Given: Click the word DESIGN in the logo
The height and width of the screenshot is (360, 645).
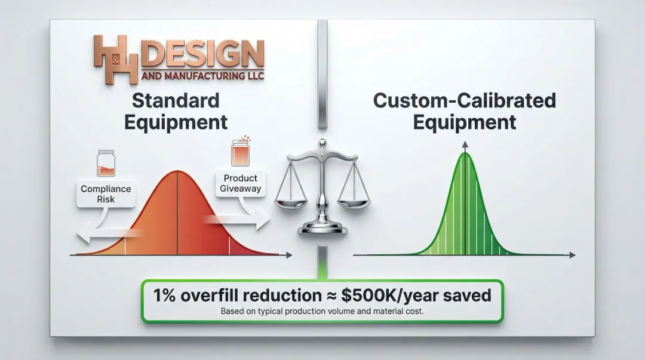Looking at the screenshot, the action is [x=204, y=54].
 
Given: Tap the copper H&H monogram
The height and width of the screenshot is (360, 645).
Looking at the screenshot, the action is [x=116, y=59].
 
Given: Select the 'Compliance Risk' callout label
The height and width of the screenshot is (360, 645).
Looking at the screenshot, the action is [x=106, y=194].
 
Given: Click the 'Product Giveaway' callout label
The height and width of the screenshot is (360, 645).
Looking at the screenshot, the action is [x=240, y=183].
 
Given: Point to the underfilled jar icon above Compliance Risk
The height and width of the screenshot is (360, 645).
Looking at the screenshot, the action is [x=106, y=164].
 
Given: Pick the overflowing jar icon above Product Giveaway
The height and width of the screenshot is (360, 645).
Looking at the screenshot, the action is [x=241, y=152].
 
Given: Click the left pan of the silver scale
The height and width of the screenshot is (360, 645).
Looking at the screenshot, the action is [x=291, y=203].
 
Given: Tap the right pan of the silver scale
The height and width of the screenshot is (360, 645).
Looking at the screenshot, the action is [x=354, y=203].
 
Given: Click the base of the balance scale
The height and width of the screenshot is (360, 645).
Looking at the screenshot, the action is [x=322, y=227].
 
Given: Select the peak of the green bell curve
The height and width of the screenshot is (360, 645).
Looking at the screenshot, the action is [x=465, y=153].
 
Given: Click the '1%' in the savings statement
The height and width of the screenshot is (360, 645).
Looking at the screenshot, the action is [x=165, y=296].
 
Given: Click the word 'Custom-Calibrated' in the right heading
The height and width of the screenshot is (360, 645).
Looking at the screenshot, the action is [x=465, y=101].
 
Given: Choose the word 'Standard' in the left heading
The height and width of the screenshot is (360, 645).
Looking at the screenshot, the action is [x=176, y=101].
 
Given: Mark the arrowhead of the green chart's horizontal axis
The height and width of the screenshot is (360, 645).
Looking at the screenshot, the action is [x=572, y=255].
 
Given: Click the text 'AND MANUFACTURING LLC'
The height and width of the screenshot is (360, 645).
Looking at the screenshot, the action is [x=203, y=76].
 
